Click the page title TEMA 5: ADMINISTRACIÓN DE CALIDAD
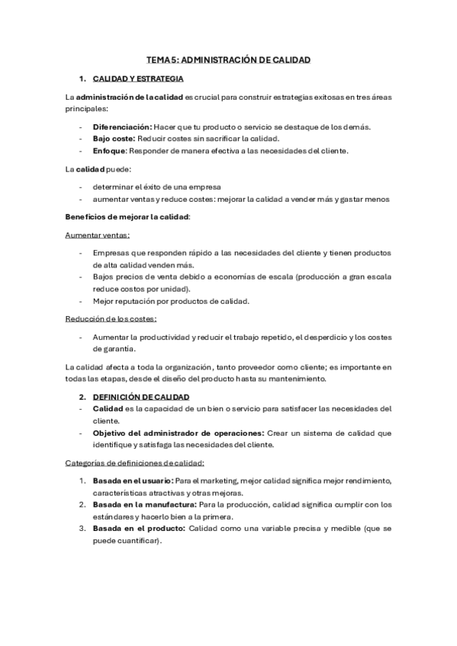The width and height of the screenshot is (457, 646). point(229,59)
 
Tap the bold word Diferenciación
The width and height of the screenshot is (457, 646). point(121,126)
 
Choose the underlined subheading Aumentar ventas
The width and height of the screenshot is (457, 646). point(98,235)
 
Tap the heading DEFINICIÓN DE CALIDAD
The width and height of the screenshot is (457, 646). point(141,398)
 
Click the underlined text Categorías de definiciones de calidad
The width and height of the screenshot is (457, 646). point(135,463)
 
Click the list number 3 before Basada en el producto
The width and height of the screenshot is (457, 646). point(82,528)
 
